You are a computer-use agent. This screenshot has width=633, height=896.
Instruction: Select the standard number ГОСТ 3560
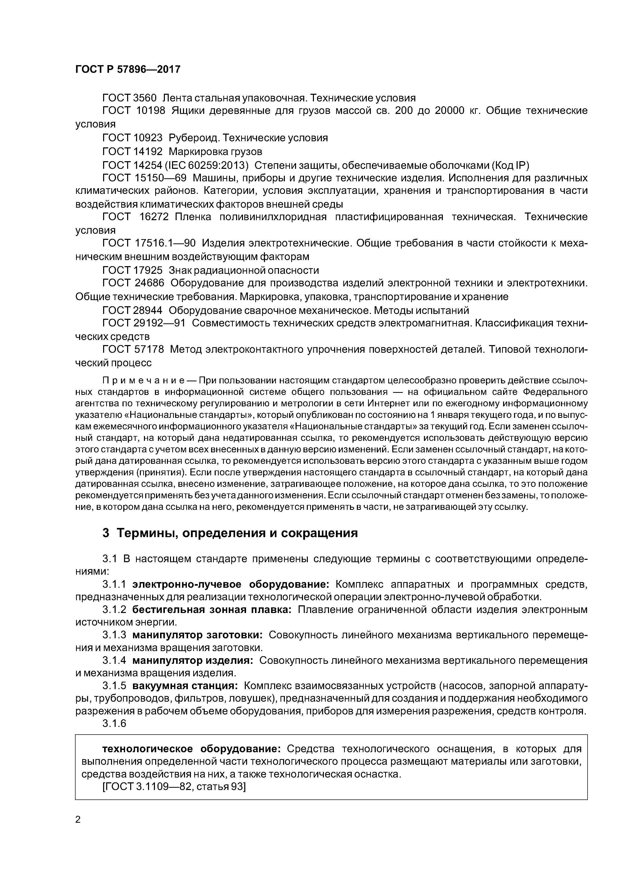(129, 98)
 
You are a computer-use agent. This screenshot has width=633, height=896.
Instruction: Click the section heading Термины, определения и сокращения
(237, 533)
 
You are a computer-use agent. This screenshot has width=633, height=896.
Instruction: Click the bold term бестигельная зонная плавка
(212, 610)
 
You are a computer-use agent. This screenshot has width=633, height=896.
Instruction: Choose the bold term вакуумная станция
(185, 686)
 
